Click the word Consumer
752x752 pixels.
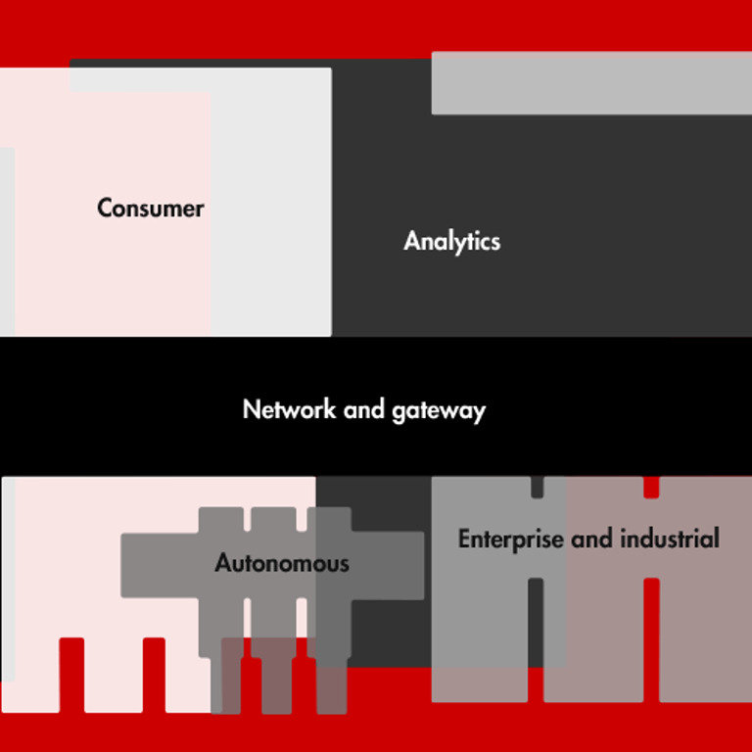pyautogui.click(x=151, y=209)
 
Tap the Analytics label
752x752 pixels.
pyautogui.click(x=451, y=242)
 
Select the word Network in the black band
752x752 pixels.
pyautogui.click(x=289, y=409)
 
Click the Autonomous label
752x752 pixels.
pyautogui.click(x=282, y=564)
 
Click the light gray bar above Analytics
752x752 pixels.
pyautogui.click(x=591, y=83)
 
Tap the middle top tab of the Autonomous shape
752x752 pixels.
pyautogui.click(x=273, y=520)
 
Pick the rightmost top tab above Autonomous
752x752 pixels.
pyautogui.click(x=329, y=520)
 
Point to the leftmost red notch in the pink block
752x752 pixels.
pyautogui.click(x=71, y=675)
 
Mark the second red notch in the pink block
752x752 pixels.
pyautogui.click(x=154, y=675)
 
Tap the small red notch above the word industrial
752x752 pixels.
pyautogui.click(x=651, y=488)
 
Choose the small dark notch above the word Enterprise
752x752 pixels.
pyautogui.click(x=537, y=487)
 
